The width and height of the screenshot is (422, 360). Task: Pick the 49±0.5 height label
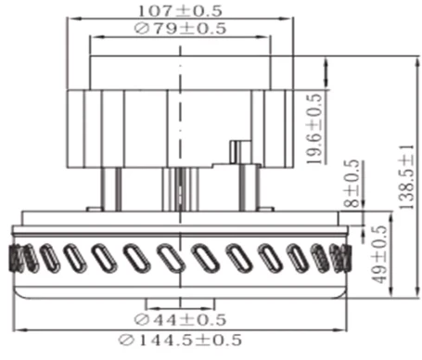pos(378,250)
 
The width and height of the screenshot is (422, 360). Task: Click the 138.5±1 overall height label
pos(406,176)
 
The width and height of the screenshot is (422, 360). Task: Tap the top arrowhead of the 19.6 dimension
pos(327,60)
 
